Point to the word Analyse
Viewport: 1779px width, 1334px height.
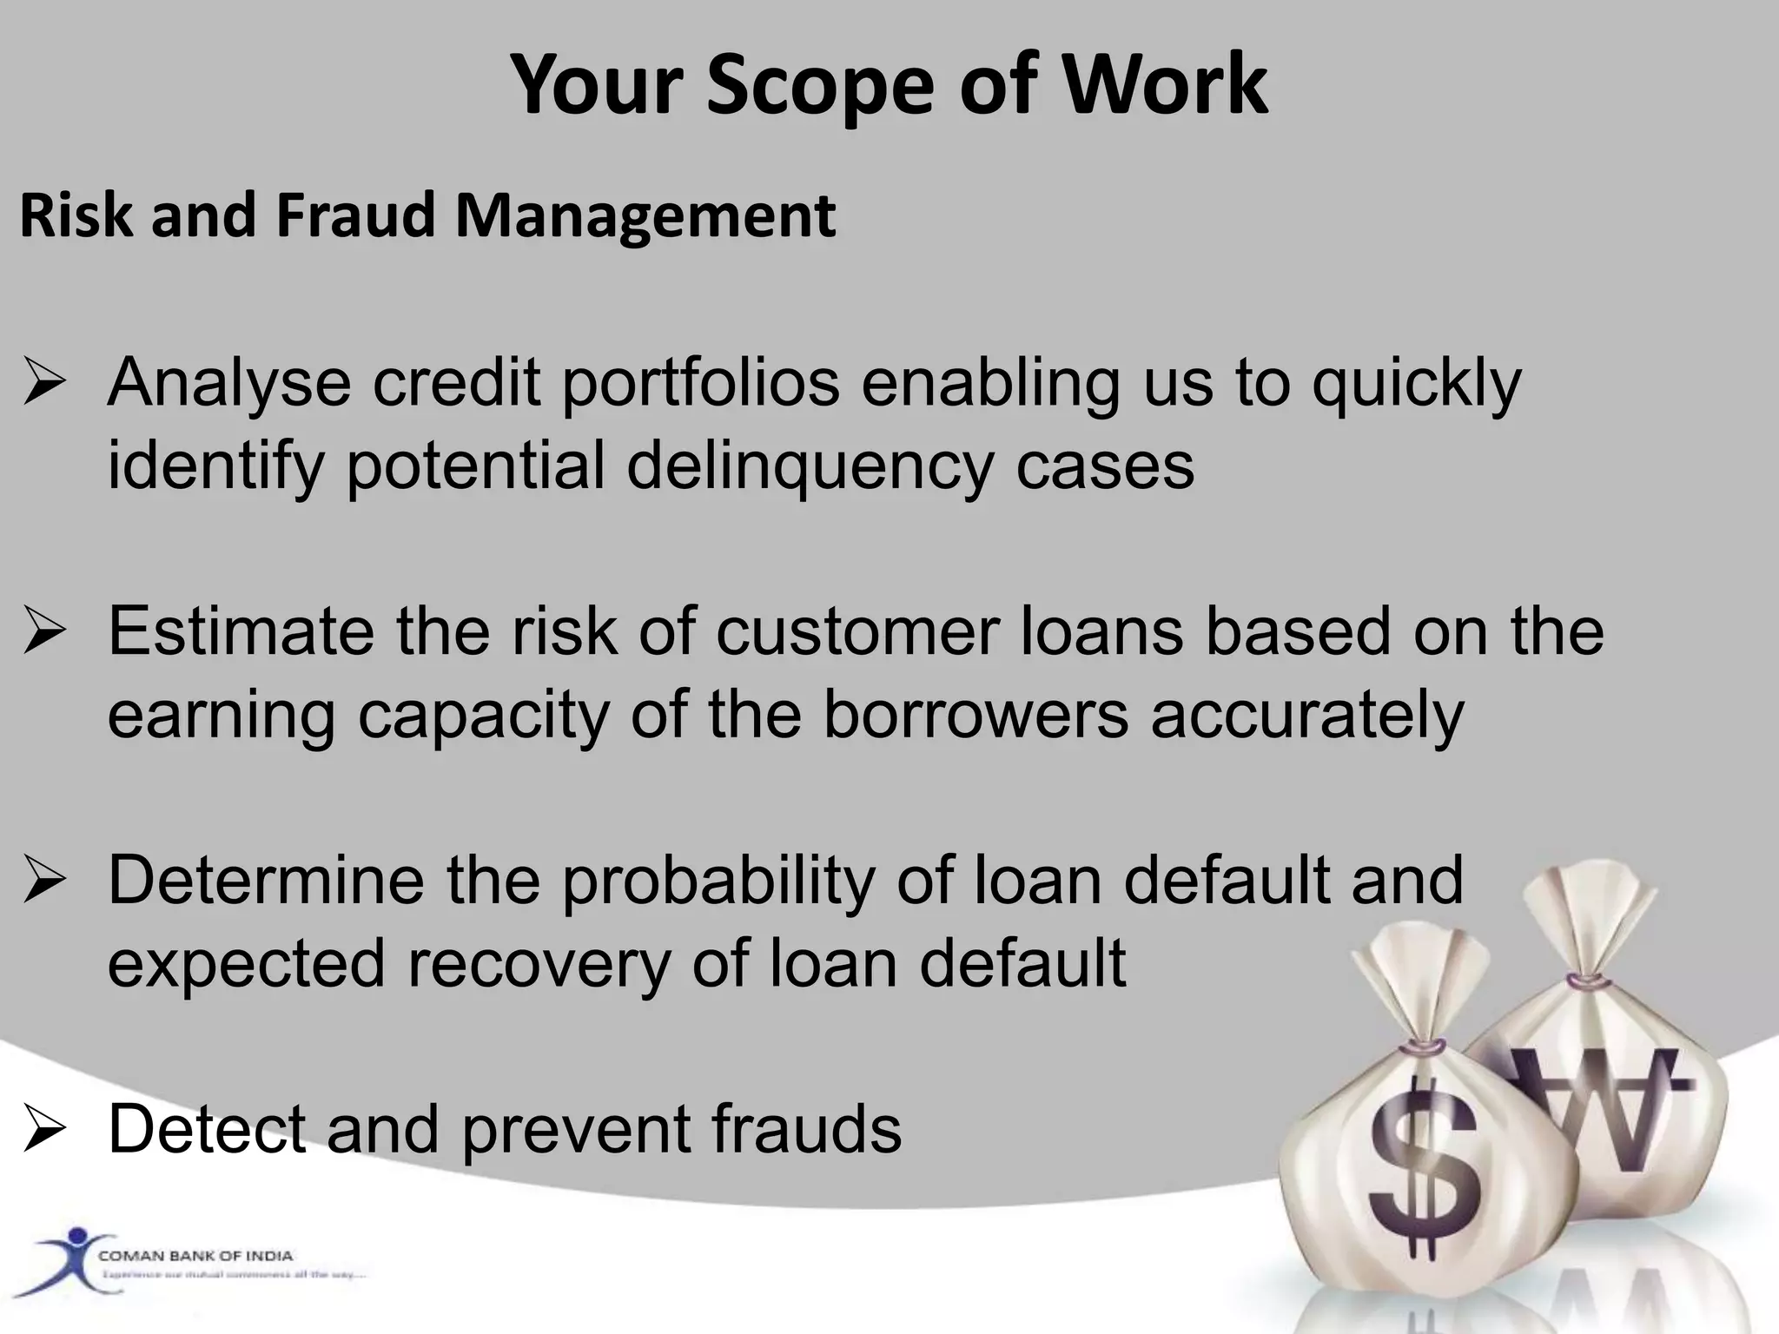[228, 384]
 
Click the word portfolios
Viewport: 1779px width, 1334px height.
[701, 384]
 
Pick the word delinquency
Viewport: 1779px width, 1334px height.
[810, 466]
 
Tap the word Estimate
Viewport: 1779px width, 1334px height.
[241, 631]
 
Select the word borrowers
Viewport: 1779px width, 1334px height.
[975, 715]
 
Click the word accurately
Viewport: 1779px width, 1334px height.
[1307, 715]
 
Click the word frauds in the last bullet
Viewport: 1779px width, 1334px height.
[806, 1129]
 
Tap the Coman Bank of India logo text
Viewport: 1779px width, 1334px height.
[195, 1256]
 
